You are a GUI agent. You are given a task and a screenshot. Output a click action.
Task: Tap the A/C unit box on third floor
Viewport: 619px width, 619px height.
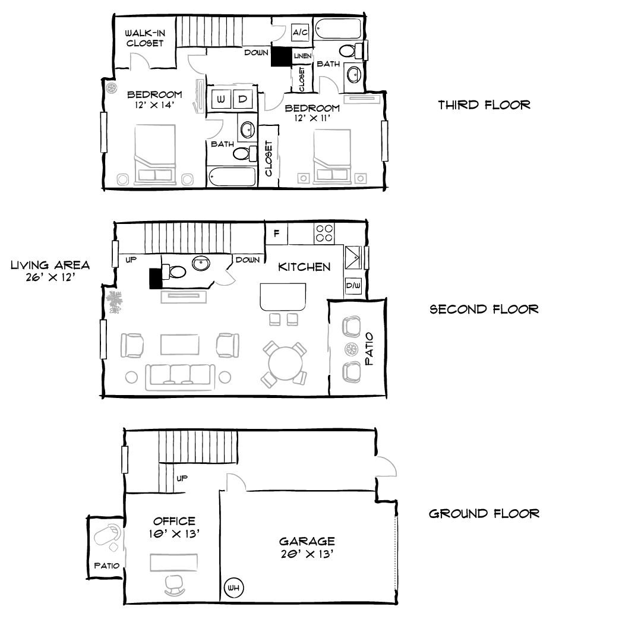299,33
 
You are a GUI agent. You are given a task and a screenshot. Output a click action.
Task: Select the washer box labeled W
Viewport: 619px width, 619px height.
220,99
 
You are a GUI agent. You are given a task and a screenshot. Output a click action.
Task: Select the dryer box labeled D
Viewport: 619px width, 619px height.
243,99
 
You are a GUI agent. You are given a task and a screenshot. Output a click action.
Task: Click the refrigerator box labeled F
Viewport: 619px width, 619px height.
276,233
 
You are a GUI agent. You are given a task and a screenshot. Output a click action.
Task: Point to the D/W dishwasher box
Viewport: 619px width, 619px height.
353,286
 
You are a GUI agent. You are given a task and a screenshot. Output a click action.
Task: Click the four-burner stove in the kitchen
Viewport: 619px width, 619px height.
324,233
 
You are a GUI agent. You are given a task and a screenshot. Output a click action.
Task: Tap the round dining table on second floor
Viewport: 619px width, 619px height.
285,363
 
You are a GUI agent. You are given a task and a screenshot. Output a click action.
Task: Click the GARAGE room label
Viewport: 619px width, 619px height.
307,541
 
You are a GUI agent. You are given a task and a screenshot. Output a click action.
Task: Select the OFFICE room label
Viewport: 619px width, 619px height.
173,521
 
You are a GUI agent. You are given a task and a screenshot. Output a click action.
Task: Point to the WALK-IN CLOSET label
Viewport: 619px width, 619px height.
144,37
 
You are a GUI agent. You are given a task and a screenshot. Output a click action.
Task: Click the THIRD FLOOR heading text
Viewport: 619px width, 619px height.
484,105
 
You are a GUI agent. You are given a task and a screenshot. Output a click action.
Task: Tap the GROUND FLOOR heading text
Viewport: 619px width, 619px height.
484,513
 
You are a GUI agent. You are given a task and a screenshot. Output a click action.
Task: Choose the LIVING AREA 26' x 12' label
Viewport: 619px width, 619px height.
50,271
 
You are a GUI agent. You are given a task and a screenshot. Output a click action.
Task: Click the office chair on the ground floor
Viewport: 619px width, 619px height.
173,585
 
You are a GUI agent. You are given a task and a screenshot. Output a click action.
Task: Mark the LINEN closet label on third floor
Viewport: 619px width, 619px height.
302,56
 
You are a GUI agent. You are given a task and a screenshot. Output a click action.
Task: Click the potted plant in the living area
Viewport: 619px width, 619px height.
115,302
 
